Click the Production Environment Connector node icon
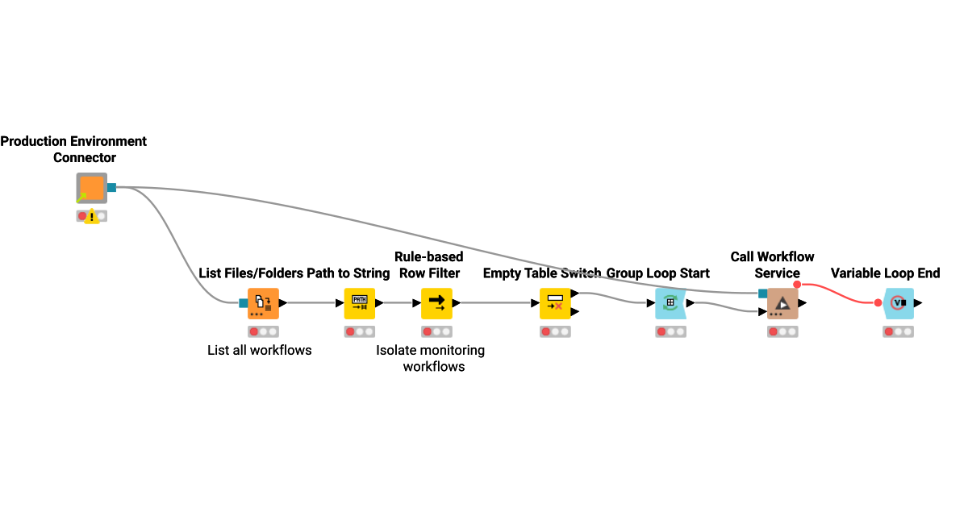coord(91,188)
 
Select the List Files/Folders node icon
coord(263,303)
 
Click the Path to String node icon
coord(360,303)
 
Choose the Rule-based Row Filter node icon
coord(436,303)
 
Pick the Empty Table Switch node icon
coord(555,303)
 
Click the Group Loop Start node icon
coord(670,303)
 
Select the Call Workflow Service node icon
coord(782,303)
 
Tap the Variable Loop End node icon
coord(899,303)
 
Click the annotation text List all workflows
coord(259,350)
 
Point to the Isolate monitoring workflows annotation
coord(431,358)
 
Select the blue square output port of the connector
coord(112,188)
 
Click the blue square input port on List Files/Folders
coord(244,303)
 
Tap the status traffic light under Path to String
coord(360,331)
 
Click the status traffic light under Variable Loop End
coord(899,331)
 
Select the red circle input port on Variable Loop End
coord(878,303)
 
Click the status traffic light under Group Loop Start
coord(670,331)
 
